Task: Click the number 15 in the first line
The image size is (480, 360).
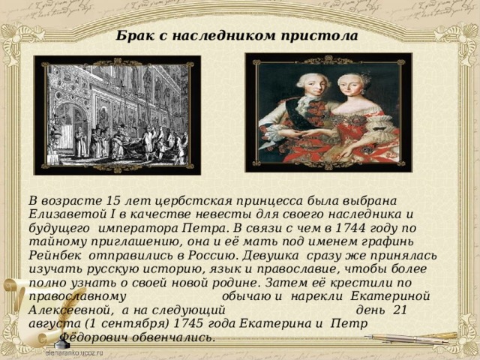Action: point(112,201)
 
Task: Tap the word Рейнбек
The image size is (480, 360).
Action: point(55,255)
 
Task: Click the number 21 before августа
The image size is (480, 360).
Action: point(400,310)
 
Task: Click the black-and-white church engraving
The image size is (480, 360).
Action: point(117,115)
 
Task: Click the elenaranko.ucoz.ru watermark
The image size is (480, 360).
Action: point(73,352)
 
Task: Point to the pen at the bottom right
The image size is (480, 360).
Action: point(411,338)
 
